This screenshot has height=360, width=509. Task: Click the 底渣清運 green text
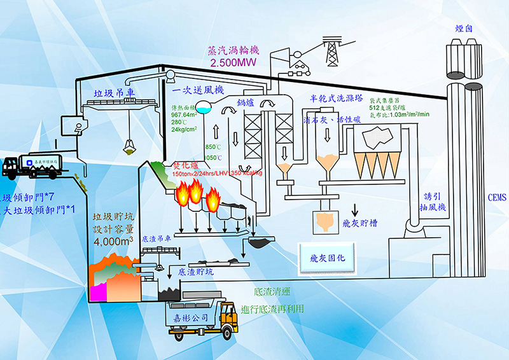point(272,293)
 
